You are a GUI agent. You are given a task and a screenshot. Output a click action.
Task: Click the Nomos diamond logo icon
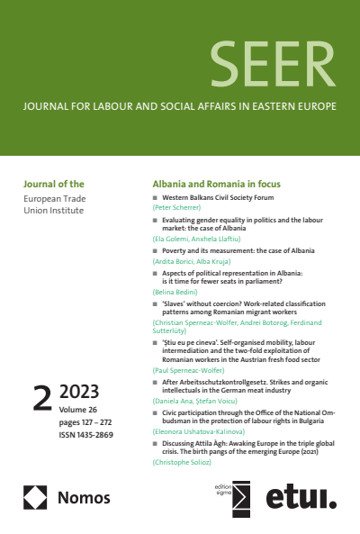35,498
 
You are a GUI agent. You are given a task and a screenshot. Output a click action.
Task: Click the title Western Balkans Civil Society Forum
219,195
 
